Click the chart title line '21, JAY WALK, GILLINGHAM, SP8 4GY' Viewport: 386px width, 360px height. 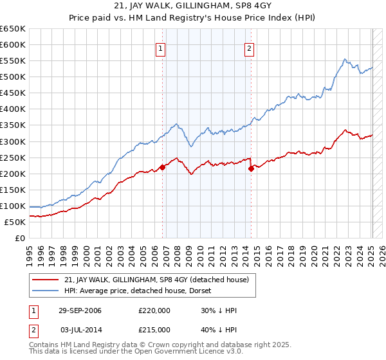pyautogui.click(x=192, y=7)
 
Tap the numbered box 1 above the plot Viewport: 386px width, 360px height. pyautogui.click(x=160, y=48)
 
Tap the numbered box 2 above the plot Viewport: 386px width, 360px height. pyautogui.click(x=249, y=48)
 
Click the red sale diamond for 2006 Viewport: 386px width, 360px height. pyautogui.click(x=163, y=167)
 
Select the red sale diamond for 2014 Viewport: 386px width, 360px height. pyautogui.click(x=251, y=168)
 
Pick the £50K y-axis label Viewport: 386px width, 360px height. pyautogui.click(x=15, y=222)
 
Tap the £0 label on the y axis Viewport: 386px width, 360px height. pyautogui.click(x=19, y=238)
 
